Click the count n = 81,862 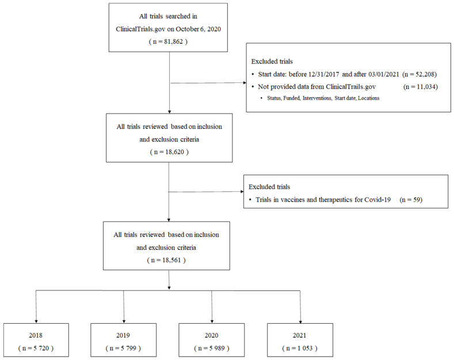pyautogui.click(x=168, y=41)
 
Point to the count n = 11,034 pyautogui.click(x=421, y=86)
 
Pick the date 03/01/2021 pyautogui.click(x=384, y=74)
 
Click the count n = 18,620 pyautogui.click(x=169, y=152)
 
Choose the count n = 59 pyautogui.click(x=411, y=200)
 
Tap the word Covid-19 pyautogui.click(x=377, y=200)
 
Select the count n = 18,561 pyautogui.click(x=166, y=260)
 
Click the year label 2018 pyautogui.click(x=36, y=335)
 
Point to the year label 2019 pyautogui.click(x=123, y=335)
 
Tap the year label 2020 pyautogui.click(x=211, y=335)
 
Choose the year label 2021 pyautogui.click(x=299, y=335)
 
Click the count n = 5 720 pyautogui.click(x=36, y=348)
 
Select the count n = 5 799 pyautogui.click(x=123, y=348)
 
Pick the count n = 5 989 pyautogui.click(x=212, y=348)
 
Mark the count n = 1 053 pyautogui.click(x=300, y=348)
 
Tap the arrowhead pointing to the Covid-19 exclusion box pyautogui.click(x=242, y=191)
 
